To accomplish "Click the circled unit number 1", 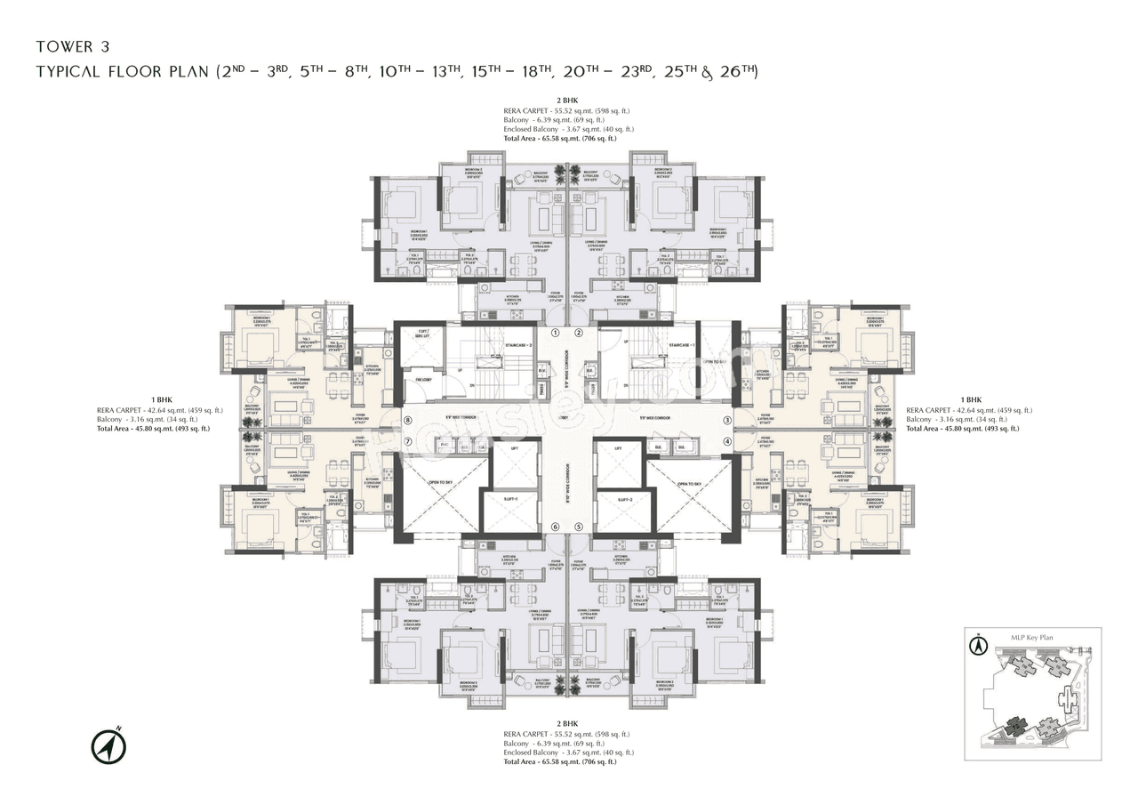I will click(x=555, y=334).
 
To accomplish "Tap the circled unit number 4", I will click(x=726, y=441).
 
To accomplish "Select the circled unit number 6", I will click(x=555, y=527).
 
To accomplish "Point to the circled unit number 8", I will click(x=408, y=421).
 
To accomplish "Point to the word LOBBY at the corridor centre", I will click(x=567, y=418).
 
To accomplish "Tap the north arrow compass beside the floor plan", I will click(x=108, y=745).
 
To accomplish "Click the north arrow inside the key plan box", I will click(x=978, y=644).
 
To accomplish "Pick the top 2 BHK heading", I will click(x=567, y=101).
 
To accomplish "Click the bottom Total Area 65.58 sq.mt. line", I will click(x=559, y=762).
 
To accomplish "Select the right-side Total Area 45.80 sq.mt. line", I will click(x=962, y=429).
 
